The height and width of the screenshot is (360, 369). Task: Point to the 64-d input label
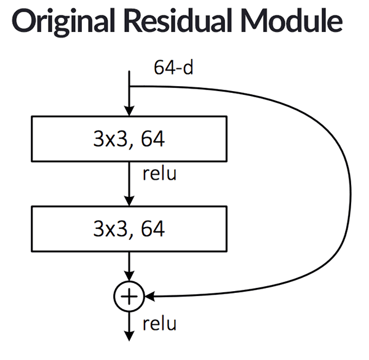pyautogui.click(x=173, y=68)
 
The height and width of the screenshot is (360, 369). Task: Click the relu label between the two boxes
pyautogui.click(x=159, y=174)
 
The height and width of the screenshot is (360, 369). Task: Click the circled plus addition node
pyautogui.click(x=129, y=297)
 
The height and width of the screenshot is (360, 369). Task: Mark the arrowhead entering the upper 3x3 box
pyautogui.click(x=129, y=111)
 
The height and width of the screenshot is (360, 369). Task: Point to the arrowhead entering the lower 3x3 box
pyautogui.click(x=129, y=200)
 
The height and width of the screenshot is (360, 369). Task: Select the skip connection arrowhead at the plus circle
pyautogui.click(x=148, y=297)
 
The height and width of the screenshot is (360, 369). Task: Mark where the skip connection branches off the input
pyautogui.click(x=129, y=86)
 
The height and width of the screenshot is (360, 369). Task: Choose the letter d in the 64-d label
pyautogui.click(x=188, y=68)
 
